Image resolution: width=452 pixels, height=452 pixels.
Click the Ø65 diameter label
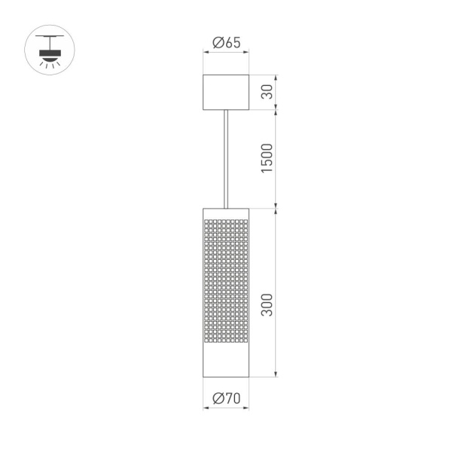226,43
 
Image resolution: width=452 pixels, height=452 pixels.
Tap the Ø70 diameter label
226,399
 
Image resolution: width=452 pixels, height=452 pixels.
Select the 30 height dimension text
266,92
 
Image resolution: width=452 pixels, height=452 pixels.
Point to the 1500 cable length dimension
266,158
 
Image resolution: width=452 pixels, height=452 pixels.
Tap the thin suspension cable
226,158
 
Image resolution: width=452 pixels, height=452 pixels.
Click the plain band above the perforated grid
226,212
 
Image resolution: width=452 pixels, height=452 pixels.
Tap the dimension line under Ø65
226,53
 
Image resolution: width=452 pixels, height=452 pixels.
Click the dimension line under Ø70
226,409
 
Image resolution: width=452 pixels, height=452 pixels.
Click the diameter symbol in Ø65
216,43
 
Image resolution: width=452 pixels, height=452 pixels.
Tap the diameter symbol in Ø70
216,399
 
